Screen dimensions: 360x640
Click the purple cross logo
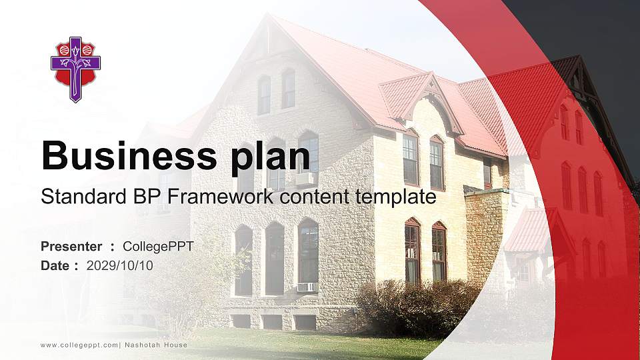[75, 69]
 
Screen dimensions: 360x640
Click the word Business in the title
[124, 156]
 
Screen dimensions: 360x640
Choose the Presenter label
[71, 247]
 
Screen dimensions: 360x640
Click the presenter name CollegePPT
[158, 247]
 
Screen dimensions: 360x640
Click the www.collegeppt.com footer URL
[79, 345]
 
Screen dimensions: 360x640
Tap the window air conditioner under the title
[305, 179]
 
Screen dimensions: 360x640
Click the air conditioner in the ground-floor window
[306, 287]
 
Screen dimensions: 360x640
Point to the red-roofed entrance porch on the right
[533, 233]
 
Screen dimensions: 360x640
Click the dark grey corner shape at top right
[600, 53]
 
